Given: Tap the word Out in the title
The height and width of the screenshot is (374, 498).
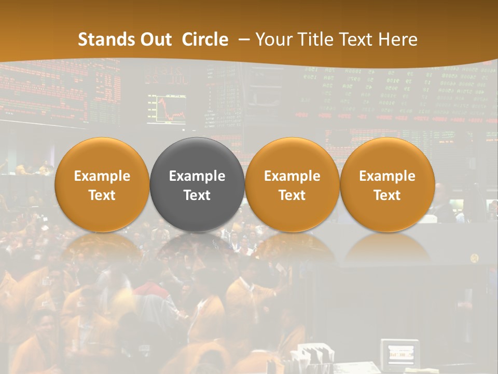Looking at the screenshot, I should click(155, 39).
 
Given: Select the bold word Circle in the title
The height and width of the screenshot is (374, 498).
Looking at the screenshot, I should click(205, 39).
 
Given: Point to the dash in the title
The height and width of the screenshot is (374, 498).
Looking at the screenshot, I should click(242, 40).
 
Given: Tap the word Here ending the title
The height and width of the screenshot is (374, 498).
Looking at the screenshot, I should click(398, 39).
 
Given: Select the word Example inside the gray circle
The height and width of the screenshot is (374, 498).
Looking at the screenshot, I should click(197, 176).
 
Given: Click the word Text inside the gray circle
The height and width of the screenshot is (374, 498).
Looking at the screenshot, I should click(197, 195).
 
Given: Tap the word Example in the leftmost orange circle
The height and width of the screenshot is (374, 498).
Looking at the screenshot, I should click(102, 176).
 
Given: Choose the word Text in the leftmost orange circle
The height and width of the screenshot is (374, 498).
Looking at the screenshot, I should click(102, 195).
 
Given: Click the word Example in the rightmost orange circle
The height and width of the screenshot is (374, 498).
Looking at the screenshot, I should click(387, 176).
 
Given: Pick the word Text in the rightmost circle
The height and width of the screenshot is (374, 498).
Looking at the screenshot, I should click(387, 195).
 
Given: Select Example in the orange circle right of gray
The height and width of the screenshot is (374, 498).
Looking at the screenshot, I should click(292, 176).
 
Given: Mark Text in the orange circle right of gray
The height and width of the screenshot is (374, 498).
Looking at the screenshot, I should click(292, 195).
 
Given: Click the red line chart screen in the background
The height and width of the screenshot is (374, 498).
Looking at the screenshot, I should click(167, 109).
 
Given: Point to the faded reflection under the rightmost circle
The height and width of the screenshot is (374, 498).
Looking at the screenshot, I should click(387, 247).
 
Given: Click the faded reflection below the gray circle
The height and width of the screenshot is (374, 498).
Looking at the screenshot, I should click(197, 247).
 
